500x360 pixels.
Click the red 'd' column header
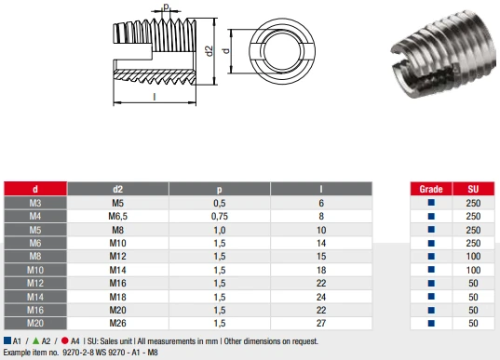[35, 189]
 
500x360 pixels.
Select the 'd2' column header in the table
[117, 189]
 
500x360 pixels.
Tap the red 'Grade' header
[431, 189]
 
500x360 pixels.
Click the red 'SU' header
[473, 189]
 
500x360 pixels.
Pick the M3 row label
[35, 203]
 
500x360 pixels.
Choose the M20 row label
[35, 323]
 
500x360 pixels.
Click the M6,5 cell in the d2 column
[117, 217]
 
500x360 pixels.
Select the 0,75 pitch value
[220, 217]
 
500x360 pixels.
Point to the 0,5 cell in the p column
[220, 203]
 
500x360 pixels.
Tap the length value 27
[321, 323]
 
